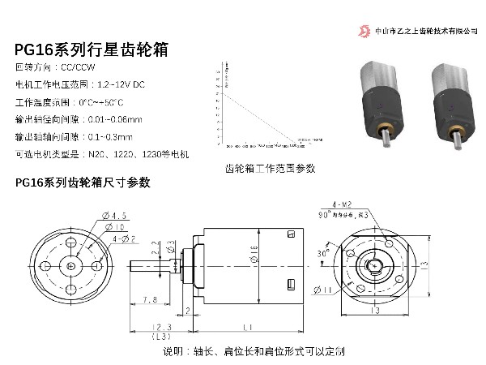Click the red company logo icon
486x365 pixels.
[364, 31]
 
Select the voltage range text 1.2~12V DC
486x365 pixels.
[121, 84]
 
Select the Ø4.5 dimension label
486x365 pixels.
[115, 215]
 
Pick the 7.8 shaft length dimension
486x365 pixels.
[149, 299]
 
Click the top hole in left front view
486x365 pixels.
[72, 243]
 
